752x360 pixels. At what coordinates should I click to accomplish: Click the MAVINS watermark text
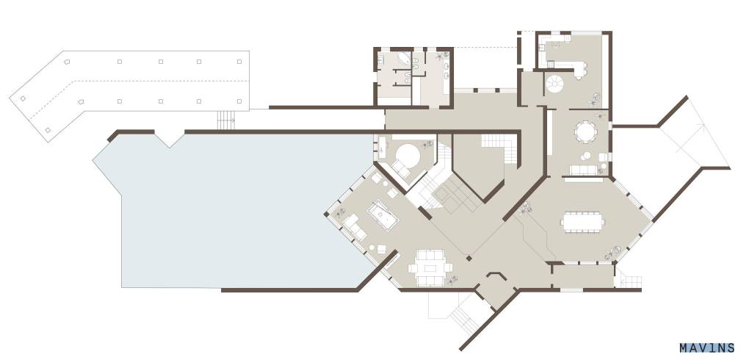coord(706,348)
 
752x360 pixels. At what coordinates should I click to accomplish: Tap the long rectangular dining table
coord(582,222)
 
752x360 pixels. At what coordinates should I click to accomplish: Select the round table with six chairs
coord(585,132)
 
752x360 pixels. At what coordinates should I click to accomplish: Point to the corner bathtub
coord(404,60)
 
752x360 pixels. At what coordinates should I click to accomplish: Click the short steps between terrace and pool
coord(226,120)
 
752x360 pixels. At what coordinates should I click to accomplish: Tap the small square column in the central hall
coord(469,258)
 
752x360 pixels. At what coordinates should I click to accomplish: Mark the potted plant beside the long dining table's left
coord(527,207)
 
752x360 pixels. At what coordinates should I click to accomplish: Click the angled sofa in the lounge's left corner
coord(355,227)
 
